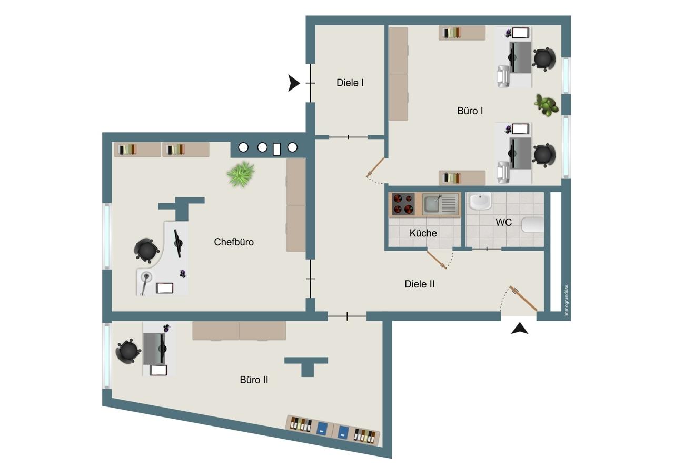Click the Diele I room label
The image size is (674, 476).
coord(350,83)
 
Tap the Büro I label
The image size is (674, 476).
coord(470,111)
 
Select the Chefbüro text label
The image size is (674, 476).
coord(234,242)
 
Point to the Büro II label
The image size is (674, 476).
coord(254,380)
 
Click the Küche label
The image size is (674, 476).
coord(423,233)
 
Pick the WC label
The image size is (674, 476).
coord(503,222)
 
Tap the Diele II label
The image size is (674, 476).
coord(420,284)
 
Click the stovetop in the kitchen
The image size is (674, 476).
coord(403,204)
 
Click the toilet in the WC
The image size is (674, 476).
coord(532,224)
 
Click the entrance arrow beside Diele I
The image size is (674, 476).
coord(294,83)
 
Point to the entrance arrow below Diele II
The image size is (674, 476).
coord(519,329)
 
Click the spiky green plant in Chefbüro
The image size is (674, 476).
coord(241,174)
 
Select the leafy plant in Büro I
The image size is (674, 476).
coord(546,105)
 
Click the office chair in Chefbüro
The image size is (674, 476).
coord(146,250)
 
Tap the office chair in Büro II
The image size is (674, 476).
coord(128,351)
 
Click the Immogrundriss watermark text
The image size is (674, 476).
coord(566,301)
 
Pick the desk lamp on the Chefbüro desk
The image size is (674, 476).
coord(145,282)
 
